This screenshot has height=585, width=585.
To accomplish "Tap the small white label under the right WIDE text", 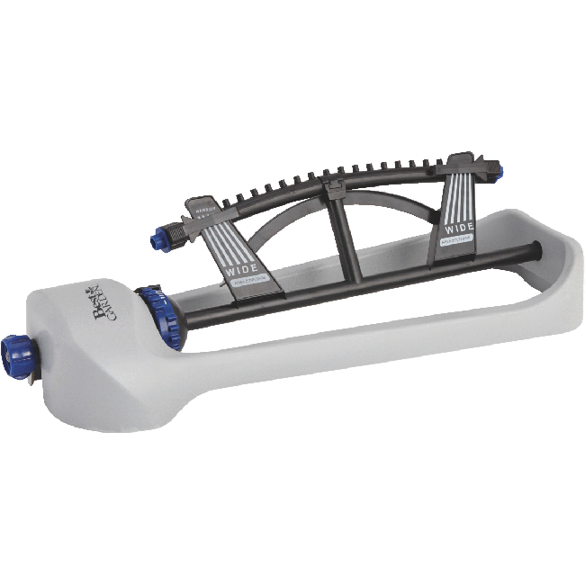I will [458, 240].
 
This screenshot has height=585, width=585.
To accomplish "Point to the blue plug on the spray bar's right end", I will [494, 165].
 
